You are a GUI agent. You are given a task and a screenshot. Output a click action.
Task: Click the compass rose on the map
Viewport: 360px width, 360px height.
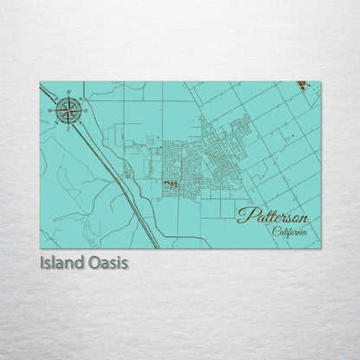pos(69,110)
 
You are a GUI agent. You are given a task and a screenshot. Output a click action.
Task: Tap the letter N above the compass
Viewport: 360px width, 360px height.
pos(69,92)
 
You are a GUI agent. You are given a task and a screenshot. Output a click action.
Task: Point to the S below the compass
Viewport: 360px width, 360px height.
pos(69,128)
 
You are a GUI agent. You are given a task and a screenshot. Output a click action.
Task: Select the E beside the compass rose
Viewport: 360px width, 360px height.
pos(86,111)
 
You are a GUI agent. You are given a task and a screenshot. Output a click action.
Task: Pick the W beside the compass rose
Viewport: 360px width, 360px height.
pos(52,110)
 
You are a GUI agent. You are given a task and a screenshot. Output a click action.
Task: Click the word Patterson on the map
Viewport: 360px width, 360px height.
pos(272,216)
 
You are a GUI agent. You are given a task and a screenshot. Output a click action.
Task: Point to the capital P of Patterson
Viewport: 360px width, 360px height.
pos(245,215)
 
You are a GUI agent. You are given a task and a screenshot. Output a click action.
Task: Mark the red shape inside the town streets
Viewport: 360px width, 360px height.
pos(170,183)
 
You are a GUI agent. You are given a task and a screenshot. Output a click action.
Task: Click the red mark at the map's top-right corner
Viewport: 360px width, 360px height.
pos(301,86)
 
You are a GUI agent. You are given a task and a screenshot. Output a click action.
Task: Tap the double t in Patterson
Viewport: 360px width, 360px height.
pos(265,215)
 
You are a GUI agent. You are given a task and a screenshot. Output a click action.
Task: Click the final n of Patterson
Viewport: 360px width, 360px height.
pos(302,218)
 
